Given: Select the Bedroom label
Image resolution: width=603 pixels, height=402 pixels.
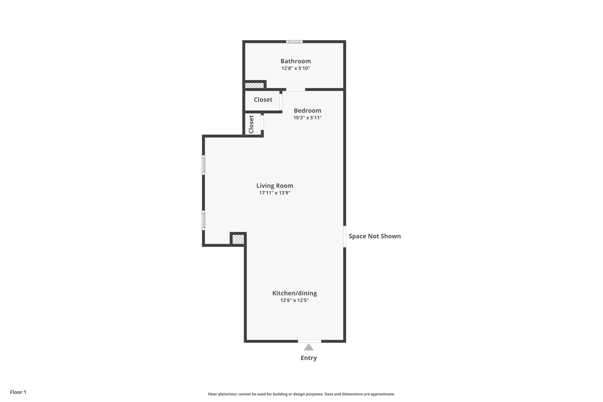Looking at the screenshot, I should click(307, 111).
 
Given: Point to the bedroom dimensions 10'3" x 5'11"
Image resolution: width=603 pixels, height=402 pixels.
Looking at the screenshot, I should click(307, 118).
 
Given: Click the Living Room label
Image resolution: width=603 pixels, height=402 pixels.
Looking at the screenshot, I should click(275, 186).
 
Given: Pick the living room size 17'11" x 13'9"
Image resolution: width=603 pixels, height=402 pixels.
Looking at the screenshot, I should click(275, 193).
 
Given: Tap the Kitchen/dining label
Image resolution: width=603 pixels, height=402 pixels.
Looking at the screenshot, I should click(294, 293).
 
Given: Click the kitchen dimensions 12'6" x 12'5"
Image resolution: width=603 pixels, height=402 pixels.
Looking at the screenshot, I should click(294, 300).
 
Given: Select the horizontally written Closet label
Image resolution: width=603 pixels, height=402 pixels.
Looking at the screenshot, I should click(263, 99).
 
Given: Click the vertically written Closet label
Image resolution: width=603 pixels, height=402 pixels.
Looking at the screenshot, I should click(251, 124).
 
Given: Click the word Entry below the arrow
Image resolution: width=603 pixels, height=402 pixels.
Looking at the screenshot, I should click(309, 358).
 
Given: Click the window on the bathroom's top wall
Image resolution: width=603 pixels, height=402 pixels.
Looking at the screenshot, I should click(294, 42).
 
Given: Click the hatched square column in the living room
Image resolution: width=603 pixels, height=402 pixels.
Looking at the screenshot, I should click(238, 239).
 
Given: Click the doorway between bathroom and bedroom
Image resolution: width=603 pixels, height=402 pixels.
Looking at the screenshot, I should click(295, 89).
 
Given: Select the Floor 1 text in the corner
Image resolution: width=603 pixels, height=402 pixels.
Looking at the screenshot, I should click(18, 392).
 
